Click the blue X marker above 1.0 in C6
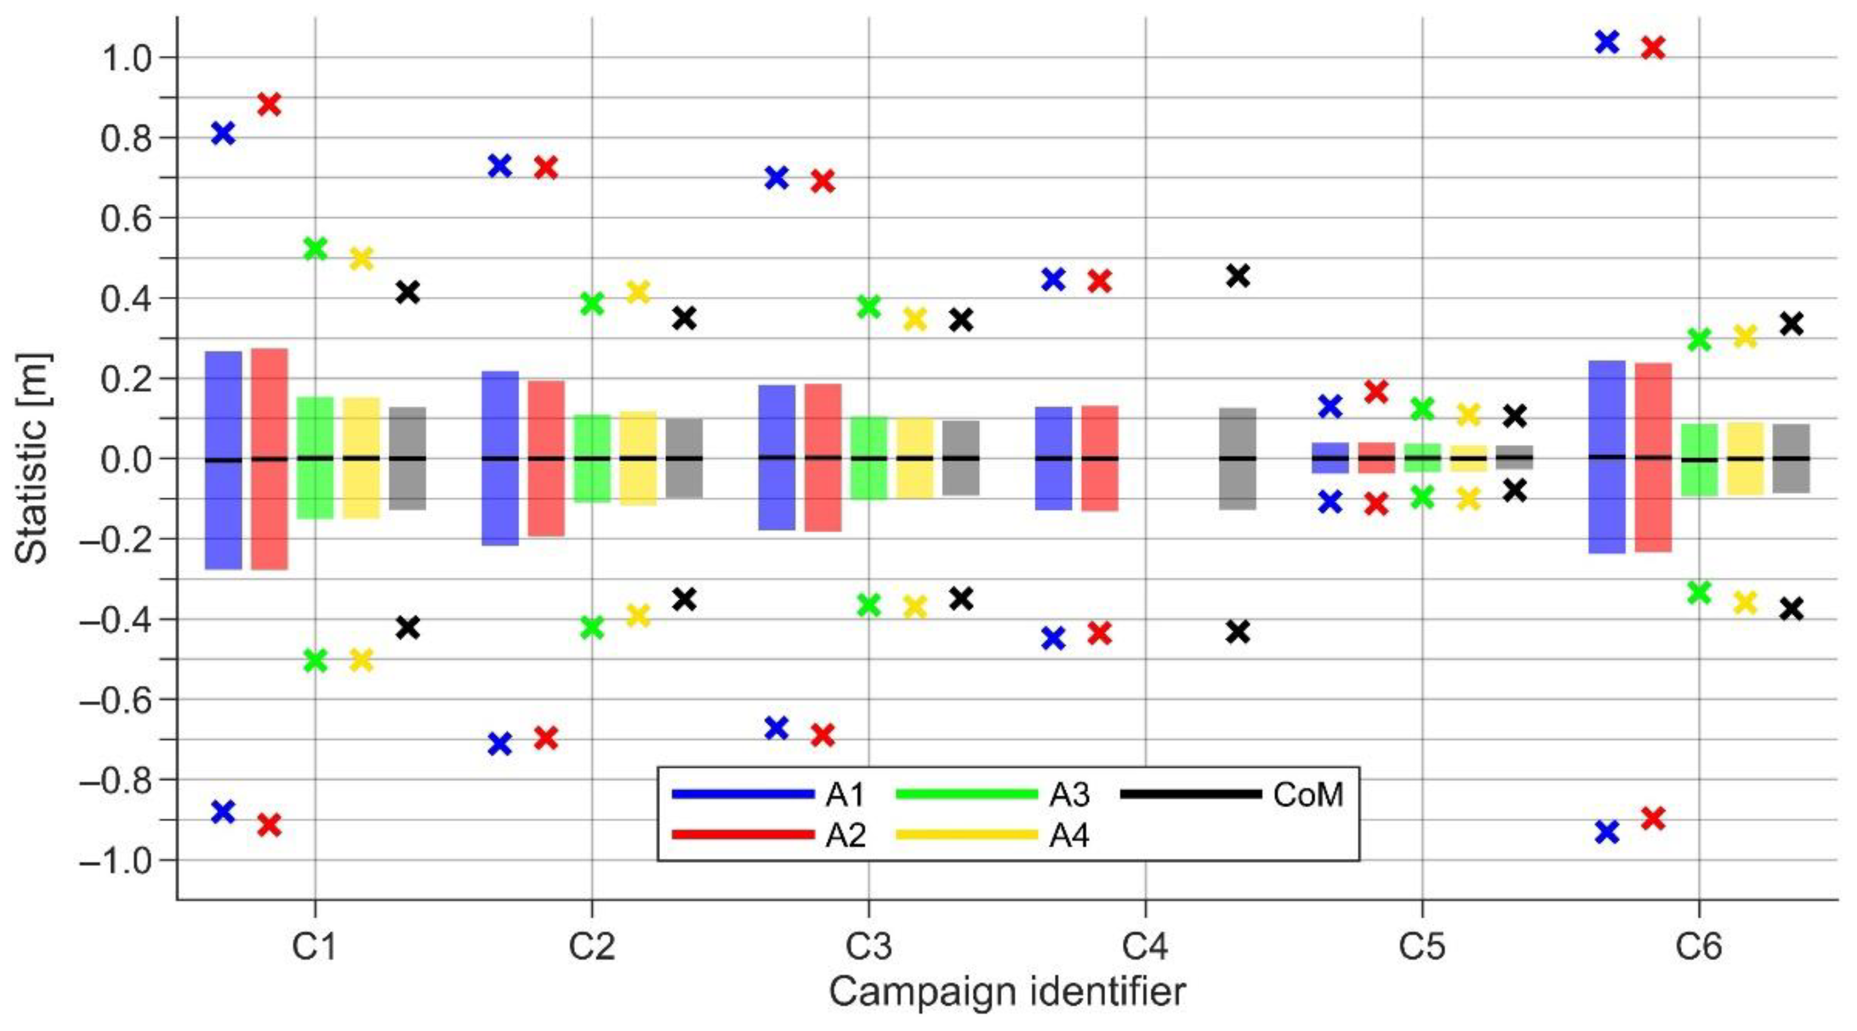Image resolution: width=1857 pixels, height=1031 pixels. [1607, 42]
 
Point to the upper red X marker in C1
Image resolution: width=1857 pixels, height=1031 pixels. [269, 104]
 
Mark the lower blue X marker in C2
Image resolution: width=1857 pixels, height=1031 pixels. [500, 743]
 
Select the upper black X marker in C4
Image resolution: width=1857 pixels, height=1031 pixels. [1238, 275]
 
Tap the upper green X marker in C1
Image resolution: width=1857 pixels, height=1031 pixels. [316, 249]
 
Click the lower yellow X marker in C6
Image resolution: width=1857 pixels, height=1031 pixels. [1745, 601]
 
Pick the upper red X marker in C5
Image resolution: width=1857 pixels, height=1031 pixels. [1376, 391]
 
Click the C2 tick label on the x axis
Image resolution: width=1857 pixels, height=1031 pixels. [592, 947]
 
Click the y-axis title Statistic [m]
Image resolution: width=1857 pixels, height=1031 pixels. [32, 458]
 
